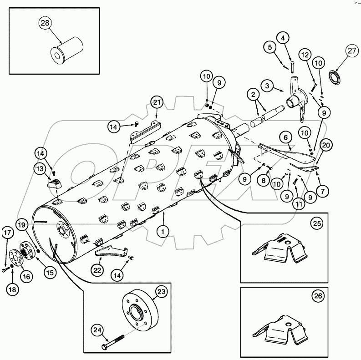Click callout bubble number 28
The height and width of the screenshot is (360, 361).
(46, 24)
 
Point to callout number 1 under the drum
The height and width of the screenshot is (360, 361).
(163, 230)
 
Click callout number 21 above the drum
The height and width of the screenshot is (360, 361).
(157, 103)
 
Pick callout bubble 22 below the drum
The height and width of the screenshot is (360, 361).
(98, 269)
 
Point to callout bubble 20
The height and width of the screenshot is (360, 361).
(326, 145)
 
